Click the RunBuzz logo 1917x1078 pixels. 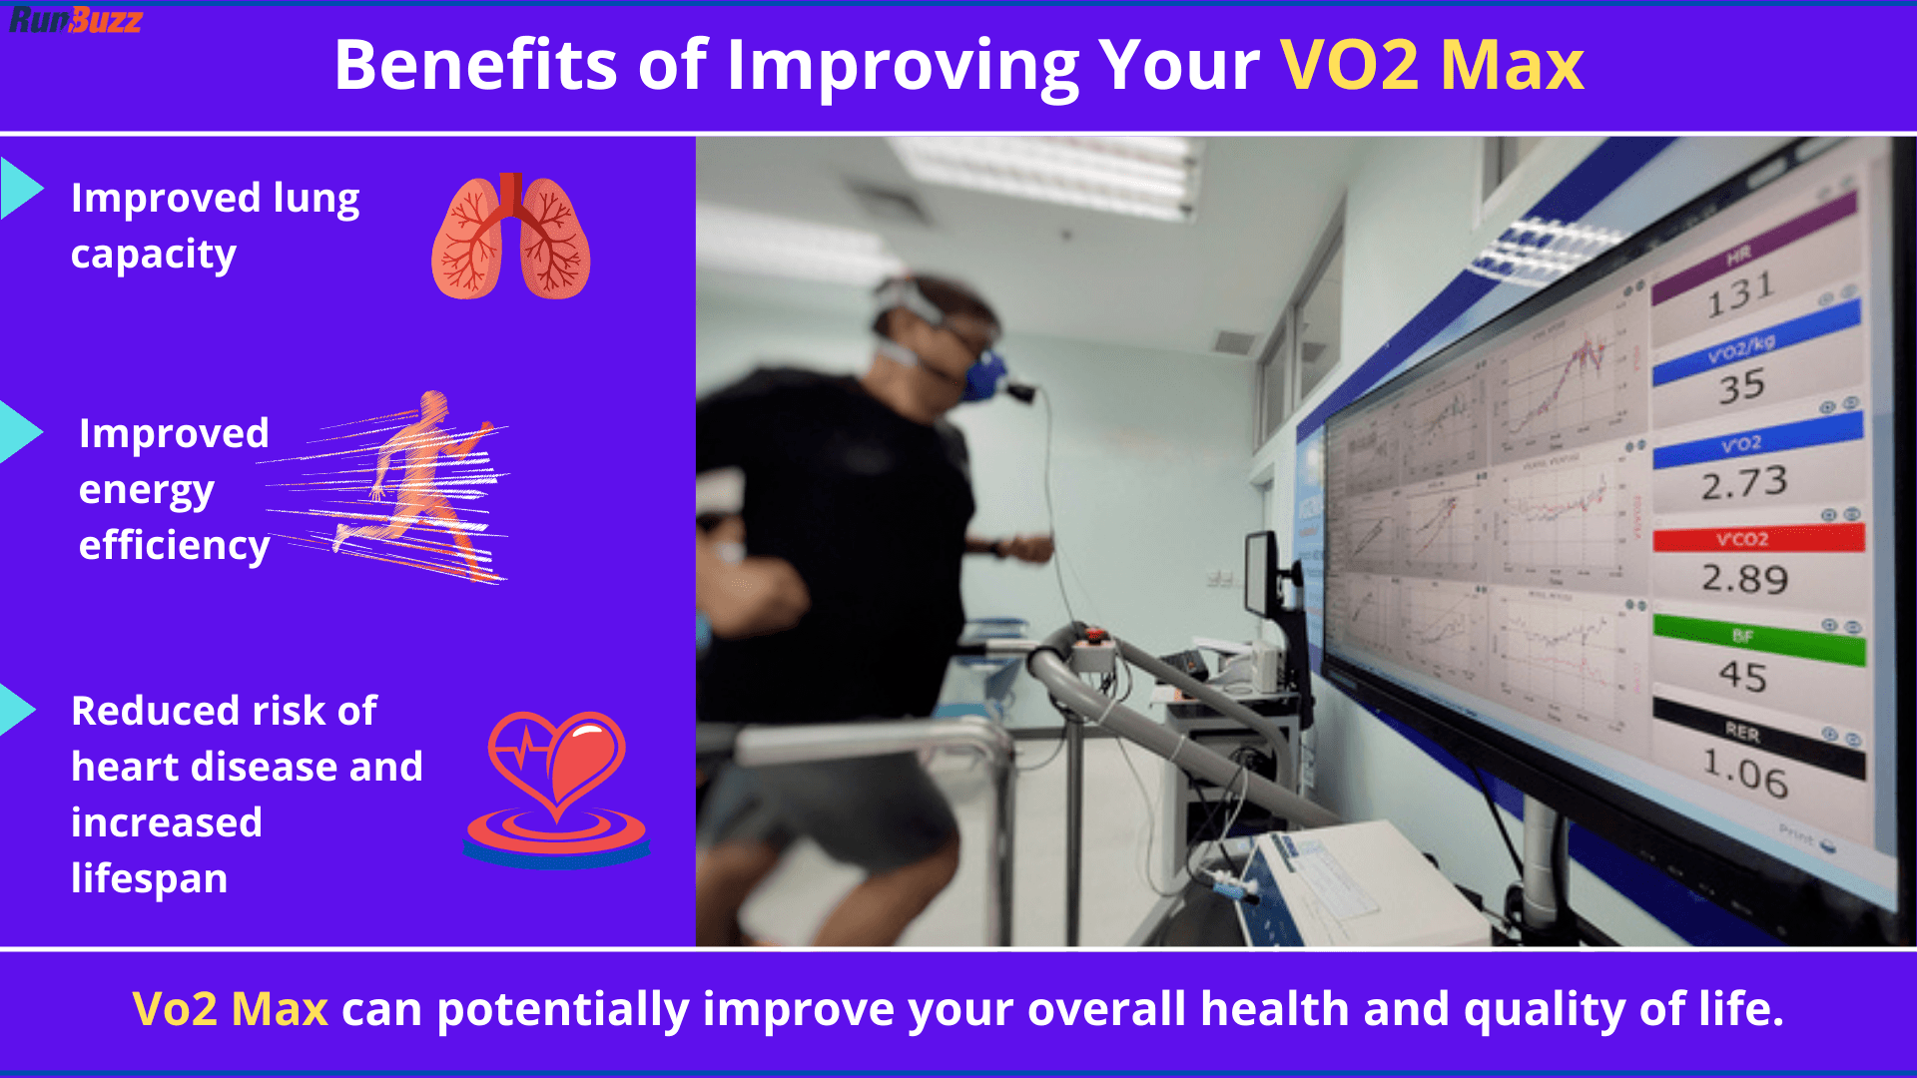[75, 19]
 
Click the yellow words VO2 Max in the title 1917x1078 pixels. [1432, 66]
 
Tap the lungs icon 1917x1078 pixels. [510, 238]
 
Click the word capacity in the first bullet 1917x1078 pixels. [154, 256]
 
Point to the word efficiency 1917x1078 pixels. [174, 546]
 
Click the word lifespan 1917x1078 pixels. [150, 878]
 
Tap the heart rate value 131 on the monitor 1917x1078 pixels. [1739, 295]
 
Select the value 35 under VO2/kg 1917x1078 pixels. [1741, 387]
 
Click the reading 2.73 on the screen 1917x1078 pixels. [1743, 484]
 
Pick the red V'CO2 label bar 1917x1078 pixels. [1757, 539]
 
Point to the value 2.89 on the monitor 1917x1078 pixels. [1743, 579]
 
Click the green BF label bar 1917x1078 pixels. [1757, 637]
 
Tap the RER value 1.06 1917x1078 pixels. [1744, 775]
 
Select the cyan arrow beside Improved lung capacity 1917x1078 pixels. [20, 188]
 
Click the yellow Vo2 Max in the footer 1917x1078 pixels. [230, 1009]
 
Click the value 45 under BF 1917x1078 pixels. [1742, 677]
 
